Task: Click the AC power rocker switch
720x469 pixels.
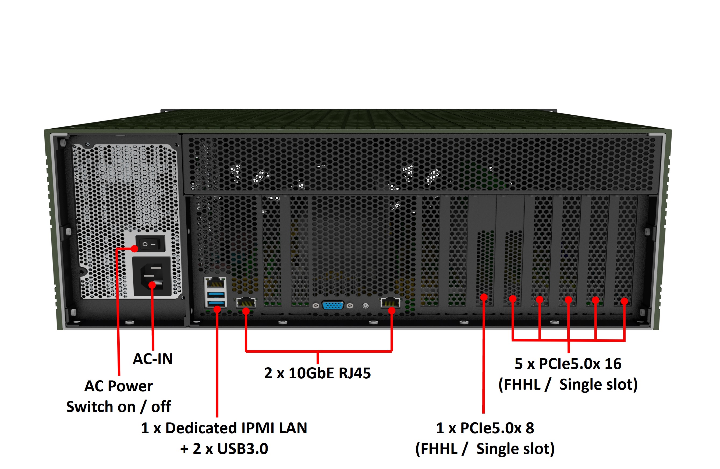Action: point(150,243)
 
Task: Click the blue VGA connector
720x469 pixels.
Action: point(333,306)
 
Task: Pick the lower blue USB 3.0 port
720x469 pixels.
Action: point(216,303)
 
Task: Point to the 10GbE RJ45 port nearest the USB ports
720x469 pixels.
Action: point(246,303)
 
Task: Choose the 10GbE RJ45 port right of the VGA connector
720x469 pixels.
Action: point(390,303)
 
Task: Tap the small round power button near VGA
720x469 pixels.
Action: point(366,306)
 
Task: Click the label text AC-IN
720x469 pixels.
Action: point(153,359)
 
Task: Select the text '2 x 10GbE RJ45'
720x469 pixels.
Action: point(317,373)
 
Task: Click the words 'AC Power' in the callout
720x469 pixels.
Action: point(119,386)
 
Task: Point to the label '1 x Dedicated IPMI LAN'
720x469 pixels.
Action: point(224,428)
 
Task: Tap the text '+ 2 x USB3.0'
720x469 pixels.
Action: point(224,449)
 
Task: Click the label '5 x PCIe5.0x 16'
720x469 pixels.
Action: point(568,364)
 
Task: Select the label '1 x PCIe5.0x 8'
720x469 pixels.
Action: point(485,428)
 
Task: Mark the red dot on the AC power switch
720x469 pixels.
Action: point(135,249)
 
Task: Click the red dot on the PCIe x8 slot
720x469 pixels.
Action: point(484,297)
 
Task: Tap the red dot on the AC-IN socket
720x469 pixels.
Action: point(152,285)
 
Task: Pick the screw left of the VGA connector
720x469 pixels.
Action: point(316,306)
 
